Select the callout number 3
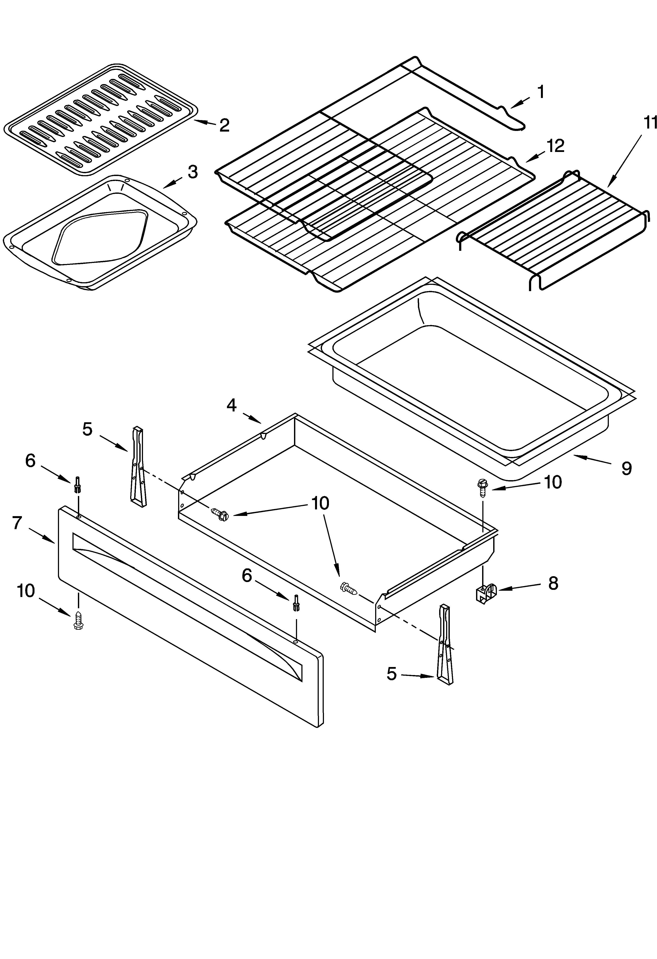(192, 172)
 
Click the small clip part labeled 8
(486, 593)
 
